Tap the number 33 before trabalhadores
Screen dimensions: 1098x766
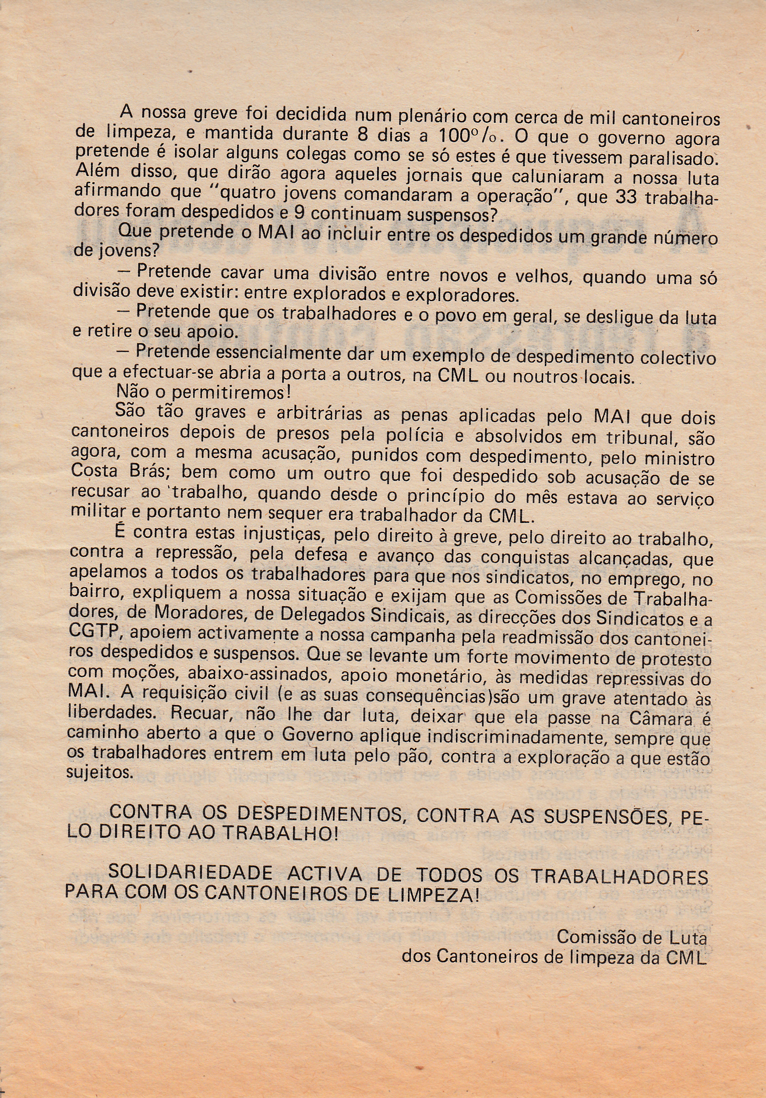(626, 196)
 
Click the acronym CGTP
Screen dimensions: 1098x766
(96, 632)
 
